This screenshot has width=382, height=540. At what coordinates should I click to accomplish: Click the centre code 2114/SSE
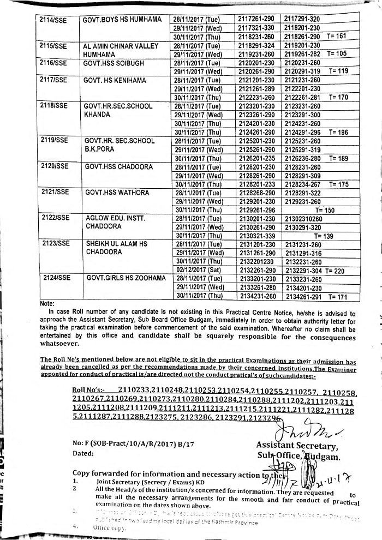tap(53, 20)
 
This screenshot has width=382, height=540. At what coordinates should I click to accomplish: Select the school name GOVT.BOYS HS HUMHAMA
tap(122, 20)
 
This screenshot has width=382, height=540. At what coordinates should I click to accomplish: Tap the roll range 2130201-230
tap(257, 219)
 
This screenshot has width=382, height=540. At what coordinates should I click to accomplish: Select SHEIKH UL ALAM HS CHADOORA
tap(116, 248)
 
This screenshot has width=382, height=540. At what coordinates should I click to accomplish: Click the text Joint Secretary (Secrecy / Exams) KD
tap(158, 482)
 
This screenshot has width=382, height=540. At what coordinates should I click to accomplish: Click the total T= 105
tap(338, 54)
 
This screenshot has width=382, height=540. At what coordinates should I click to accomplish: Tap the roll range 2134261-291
tap(303, 296)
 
